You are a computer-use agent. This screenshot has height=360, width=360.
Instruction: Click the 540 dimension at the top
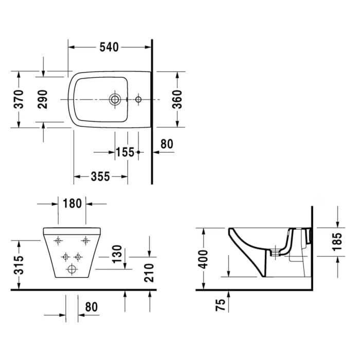(109, 47)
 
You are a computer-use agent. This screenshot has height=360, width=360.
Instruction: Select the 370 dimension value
(19, 99)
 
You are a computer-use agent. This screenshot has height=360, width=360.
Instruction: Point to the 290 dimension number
(43, 99)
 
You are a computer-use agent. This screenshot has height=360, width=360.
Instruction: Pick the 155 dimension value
(124, 152)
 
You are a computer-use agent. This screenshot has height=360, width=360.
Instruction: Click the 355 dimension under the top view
(100, 176)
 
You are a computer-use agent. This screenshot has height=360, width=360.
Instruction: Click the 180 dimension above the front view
(72, 204)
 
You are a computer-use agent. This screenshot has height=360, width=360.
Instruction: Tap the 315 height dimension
(19, 265)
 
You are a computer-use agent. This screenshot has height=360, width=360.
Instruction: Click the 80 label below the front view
(91, 307)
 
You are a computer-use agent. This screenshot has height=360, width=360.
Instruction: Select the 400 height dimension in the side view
(204, 259)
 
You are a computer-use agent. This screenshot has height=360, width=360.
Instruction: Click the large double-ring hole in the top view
(115, 99)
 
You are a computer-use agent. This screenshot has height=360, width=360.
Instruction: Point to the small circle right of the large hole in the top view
(138, 99)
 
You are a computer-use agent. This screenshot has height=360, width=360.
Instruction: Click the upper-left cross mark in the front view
(58, 240)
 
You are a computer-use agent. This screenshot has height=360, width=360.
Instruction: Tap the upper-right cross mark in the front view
(85, 240)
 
